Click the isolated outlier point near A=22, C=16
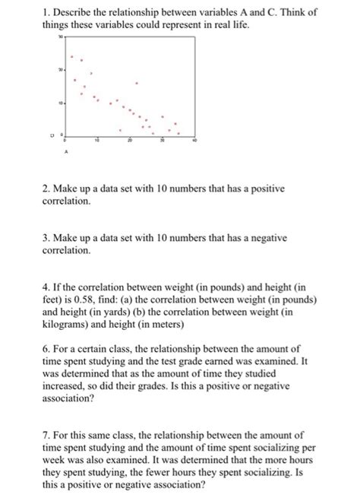137,83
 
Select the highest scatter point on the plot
72,56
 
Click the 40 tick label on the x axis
194,142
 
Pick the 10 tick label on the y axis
58,102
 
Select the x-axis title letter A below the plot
66,151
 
